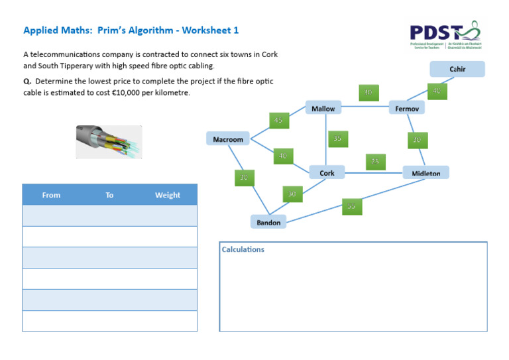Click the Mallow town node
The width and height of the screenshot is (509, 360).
(323, 108)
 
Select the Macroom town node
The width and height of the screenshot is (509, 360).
(228, 139)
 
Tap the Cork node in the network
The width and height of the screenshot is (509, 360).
(327, 173)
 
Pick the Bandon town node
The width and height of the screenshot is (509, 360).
(268, 222)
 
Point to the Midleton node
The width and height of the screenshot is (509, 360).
(425, 173)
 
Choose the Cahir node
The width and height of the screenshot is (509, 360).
(457, 69)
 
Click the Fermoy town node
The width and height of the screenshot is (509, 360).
(406, 108)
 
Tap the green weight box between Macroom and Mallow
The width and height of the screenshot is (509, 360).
(278, 120)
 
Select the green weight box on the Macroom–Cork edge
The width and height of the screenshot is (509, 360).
(282, 156)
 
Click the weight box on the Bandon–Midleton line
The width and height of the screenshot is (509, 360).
(351, 206)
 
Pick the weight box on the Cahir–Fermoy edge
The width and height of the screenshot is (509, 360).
(436, 91)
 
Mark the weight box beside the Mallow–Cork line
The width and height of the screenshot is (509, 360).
(337, 139)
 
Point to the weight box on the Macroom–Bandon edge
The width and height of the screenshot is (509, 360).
(244, 178)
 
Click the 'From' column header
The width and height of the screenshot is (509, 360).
(51, 195)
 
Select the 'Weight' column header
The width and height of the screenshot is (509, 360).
(168, 195)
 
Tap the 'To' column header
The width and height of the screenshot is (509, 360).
(109, 195)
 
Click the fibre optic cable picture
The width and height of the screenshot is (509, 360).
(109, 142)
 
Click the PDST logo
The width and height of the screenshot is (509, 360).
(444, 34)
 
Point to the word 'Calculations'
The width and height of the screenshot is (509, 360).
(243, 249)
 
